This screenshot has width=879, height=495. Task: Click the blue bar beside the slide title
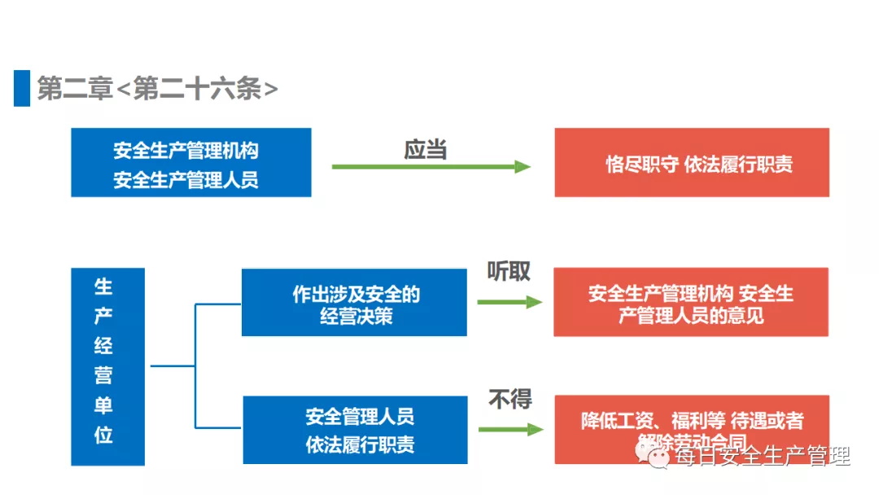pyautogui.click(x=21, y=88)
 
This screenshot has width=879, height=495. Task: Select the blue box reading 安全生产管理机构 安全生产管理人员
pyautogui.click(x=190, y=163)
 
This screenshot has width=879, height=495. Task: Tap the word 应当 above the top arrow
pyautogui.click(x=426, y=149)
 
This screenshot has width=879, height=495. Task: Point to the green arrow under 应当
pyautogui.click(x=431, y=167)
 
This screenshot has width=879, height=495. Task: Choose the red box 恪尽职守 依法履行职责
pyautogui.click(x=692, y=163)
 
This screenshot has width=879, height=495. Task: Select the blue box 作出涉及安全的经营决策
pyautogui.click(x=354, y=303)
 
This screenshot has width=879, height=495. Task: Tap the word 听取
pyautogui.click(x=509, y=272)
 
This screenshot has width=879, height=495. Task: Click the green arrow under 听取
pyautogui.click(x=509, y=302)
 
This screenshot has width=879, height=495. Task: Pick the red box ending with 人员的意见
pyautogui.click(x=691, y=303)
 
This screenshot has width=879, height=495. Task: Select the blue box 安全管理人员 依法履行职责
pyautogui.click(x=355, y=430)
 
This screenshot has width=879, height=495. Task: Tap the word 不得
pyautogui.click(x=510, y=400)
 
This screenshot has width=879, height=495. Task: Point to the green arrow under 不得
pyautogui.click(x=510, y=429)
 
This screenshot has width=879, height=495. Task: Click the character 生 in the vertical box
pyautogui.click(x=103, y=287)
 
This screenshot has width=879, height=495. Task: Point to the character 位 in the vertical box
pyautogui.click(x=103, y=436)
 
